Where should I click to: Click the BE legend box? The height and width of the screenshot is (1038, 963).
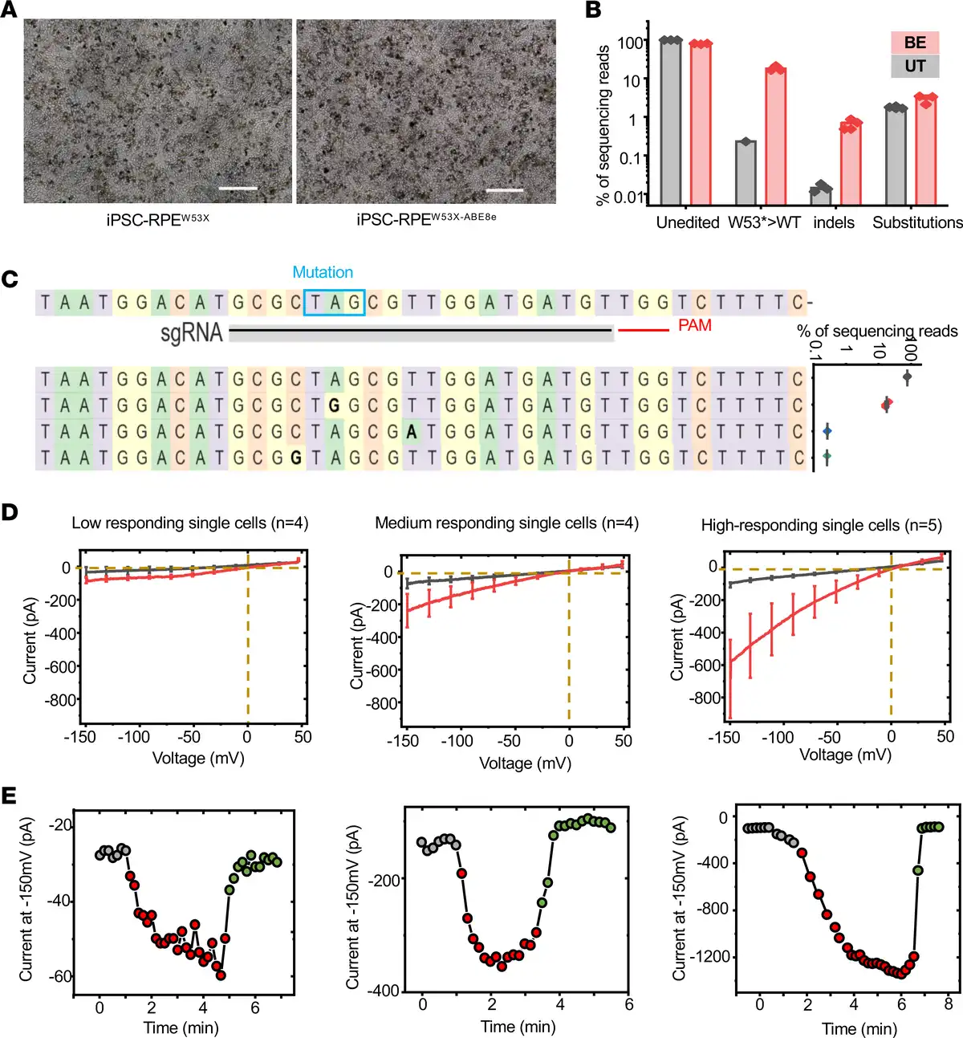914,43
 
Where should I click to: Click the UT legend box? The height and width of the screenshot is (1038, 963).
914,66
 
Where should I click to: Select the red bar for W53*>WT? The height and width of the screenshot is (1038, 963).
775,136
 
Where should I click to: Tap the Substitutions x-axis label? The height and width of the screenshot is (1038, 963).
917,222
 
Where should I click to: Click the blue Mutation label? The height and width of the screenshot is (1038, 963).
323,272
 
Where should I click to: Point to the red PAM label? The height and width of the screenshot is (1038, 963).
694,325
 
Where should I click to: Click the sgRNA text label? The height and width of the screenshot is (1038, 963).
191,332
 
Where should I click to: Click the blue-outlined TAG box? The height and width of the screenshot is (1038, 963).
335,303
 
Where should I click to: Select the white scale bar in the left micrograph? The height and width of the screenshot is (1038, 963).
238,189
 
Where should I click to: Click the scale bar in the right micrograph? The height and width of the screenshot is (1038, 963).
504,190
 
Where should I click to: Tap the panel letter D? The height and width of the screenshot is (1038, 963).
10,512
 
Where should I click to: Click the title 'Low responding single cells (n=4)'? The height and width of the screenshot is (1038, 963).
189,523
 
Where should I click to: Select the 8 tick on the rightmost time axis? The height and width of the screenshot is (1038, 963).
948,1004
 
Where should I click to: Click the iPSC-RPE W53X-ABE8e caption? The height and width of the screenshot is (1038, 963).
426,220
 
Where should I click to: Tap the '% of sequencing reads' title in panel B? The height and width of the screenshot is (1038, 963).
603,125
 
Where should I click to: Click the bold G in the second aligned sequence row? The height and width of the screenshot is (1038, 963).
335,405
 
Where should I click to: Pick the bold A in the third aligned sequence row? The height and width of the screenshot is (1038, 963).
412,432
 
